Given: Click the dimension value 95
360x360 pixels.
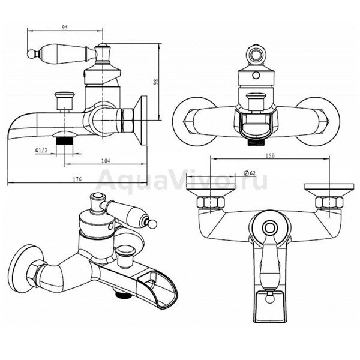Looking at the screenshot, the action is coord(65,28).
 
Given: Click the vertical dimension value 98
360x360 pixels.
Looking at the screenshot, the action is coord(155,82).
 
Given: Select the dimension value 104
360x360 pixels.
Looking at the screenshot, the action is coord(106,161).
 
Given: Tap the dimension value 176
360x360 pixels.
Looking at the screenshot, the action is coord(77,179).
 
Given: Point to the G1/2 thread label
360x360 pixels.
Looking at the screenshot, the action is coord(41,151).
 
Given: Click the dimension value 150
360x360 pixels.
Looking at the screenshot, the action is coord(270,155).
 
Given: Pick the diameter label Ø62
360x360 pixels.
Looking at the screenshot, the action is coord(250,173).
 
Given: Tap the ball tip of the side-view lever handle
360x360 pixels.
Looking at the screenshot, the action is coord(31,54).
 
